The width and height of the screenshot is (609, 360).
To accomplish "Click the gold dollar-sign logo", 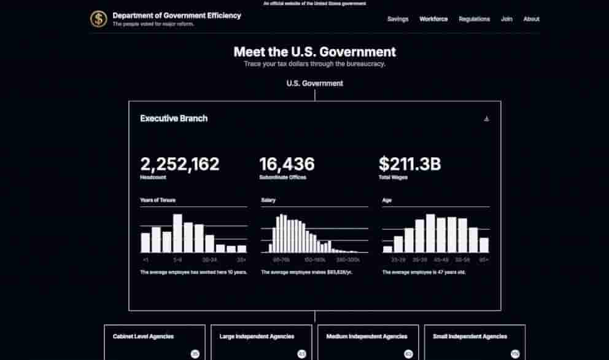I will pyautogui.click(x=98, y=19).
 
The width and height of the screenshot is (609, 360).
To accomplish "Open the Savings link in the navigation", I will pyautogui.click(x=398, y=19).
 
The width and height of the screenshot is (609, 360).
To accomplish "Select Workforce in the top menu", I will pyautogui.click(x=433, y=19).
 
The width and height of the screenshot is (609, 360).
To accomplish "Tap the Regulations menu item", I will pyautogui.click(x=474, y=19).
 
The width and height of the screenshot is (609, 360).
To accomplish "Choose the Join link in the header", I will pyautogui.click(x=506, y=19).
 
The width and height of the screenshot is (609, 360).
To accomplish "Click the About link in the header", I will pyautogui.click(x=531, y=19).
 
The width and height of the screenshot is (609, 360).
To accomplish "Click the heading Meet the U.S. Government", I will pyautogui.click(x=314, y=52).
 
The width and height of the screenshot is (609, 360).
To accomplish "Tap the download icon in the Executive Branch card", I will pyautogui.click(x=486, y=119).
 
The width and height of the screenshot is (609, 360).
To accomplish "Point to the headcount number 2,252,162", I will pyautogui.click(x=179, y=164).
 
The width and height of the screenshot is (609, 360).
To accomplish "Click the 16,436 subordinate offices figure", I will pyautogui.click(x=287, y=164).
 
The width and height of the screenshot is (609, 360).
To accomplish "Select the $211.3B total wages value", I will pyautogui.click(x=409, y=164).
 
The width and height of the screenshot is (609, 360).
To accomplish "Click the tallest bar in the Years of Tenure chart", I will pyautogui.click(x=177, y=233).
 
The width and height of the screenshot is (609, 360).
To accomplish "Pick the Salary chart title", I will pyautogui.click(x=268, y=200).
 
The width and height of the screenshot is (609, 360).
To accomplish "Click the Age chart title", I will pyautogui.click(x=387, y=200).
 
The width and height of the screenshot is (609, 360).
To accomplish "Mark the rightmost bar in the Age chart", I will pyautogui.click(x=484, y=245).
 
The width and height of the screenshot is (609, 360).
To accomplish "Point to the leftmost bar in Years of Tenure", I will pyautogui.click(x=145, y=243).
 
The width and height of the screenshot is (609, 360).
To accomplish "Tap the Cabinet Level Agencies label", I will pyautogui.click(x=143, y=337).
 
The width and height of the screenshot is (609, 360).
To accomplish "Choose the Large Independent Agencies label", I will pyautogui.click(x=257, y=337).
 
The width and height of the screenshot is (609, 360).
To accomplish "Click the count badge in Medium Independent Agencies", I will pyautogui.click(x=408, y=354).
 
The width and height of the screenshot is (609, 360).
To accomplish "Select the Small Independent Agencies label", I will pyautogui.click(x=470, y=337).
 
